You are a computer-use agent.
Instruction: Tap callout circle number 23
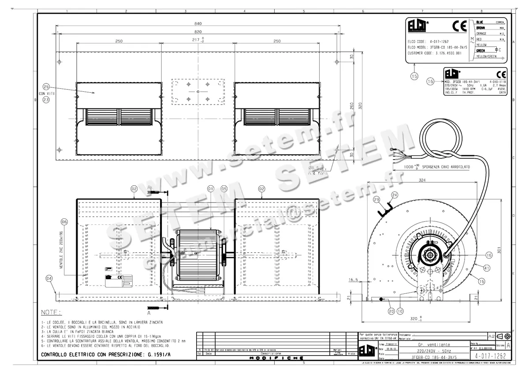pyautogui.click(x=46, y=100)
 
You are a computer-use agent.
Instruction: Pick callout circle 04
pyautogui.click(x=49, y=278)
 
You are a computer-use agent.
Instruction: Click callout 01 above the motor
pyautogui.click(x=211, y=189)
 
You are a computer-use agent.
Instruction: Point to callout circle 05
pyautogui.click(x=224, y=189)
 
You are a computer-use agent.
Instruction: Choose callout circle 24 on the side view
pyautogui.click(x=395, y=194)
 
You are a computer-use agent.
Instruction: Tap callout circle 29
pyautogui.click(x=376, y=199)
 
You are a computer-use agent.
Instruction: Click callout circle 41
pyautogui.click(x=487, y=267)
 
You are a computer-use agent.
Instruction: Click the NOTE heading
pyautogui.click(x=51, y=312)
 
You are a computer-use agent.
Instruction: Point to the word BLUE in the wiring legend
pyautogui.click(x=480, y=22)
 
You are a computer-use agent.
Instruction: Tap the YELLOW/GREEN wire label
pyautogui.click(x=486, y=56)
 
